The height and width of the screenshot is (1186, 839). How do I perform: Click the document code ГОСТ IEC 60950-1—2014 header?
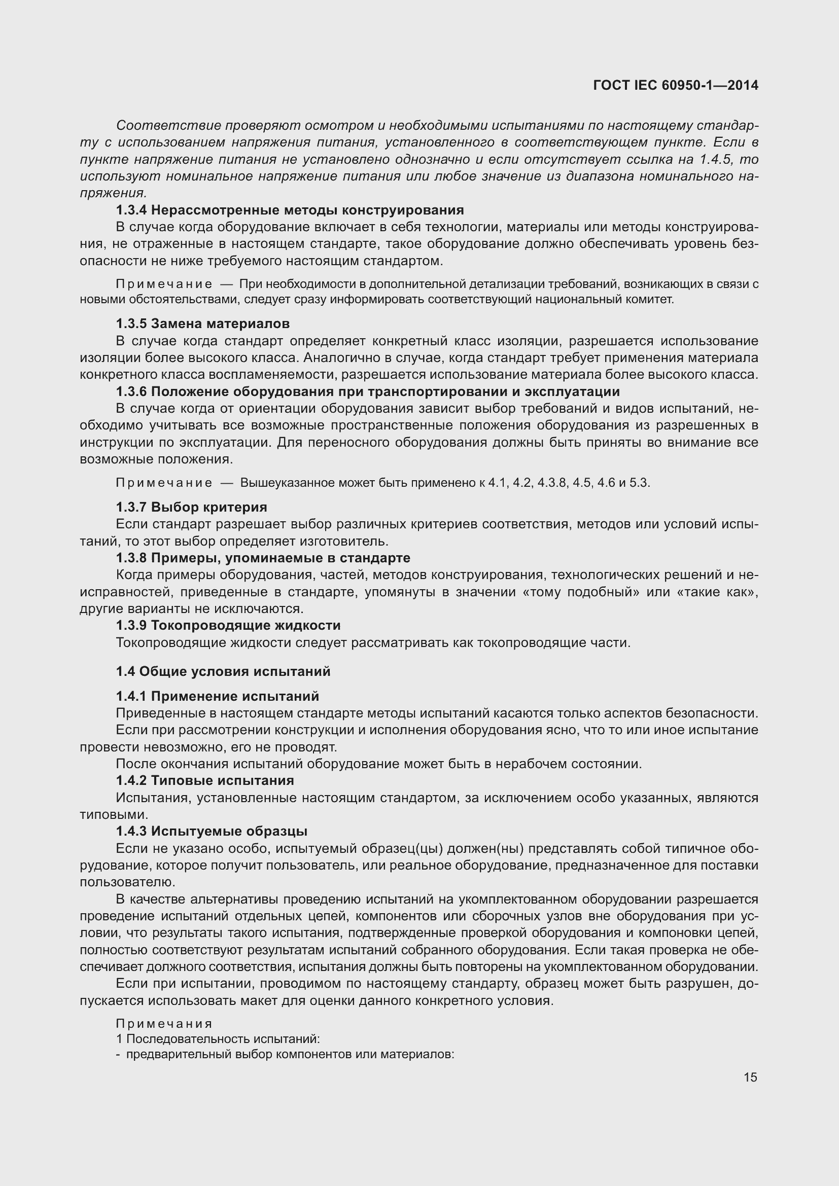pos(676,85)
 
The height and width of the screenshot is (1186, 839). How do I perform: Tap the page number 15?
pos(750,1077)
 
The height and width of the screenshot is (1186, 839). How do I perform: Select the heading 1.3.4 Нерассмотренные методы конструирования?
pos(290,210)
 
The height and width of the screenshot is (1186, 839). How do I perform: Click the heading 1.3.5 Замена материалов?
pos(202,324)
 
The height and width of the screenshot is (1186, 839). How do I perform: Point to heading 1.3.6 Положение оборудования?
pos(367,391)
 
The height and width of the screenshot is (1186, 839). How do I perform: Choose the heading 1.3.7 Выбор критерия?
pos(191,507)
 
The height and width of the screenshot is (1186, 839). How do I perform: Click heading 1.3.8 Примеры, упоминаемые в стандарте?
pos(263,558)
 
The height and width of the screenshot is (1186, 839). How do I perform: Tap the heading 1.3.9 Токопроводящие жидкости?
pos(228,626)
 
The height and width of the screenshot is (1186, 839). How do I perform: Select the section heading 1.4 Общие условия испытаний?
pos(223,671)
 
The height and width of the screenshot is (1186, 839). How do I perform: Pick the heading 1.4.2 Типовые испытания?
pos(204,780)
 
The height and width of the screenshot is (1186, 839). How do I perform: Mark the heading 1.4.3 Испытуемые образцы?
pos(212,831)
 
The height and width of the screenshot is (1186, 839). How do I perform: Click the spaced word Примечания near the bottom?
pos(164,1024)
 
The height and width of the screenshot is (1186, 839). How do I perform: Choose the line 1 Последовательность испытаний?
pos(218,1039)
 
